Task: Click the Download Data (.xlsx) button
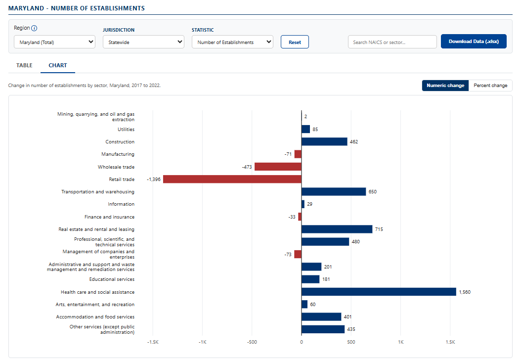(x=474, y=42)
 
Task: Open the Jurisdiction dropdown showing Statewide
(x=143, y=42)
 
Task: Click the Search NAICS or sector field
(x=392, y=42)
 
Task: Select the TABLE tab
(x=24, y=65)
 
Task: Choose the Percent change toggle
(x=490, y=86)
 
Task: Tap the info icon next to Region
(x=34, y=28)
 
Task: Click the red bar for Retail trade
(x=232, y=179)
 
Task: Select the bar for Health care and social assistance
(x=379, y=292)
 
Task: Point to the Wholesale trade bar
(x=278, y=167)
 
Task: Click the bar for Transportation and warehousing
(x=334, y=192)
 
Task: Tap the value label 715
(x=379, y=229)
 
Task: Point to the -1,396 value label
(x=154, y=179)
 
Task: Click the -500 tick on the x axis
(x=252, y=342)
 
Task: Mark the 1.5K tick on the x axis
(x=450, y=342)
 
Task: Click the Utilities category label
(x=126, y=129)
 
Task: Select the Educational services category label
(x=112, y=279)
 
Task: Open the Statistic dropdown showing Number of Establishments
(x=233, y=42)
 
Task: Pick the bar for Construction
(x=324, y=141)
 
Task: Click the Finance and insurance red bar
(x=300, y=217)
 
